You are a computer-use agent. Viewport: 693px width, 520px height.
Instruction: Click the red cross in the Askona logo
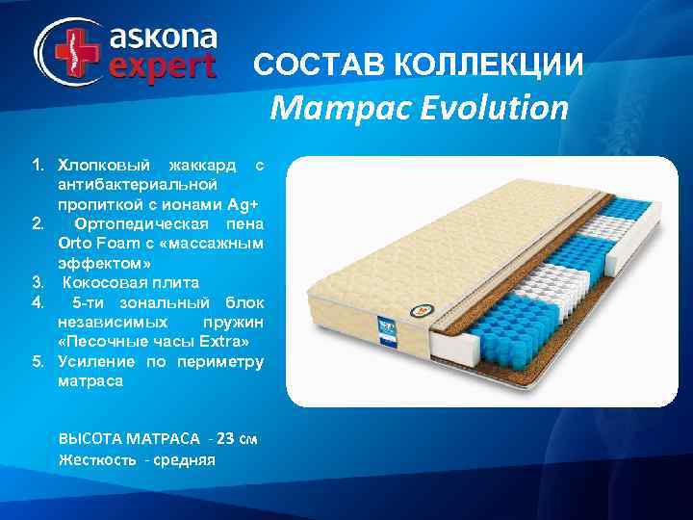pyautogui.click(x=68, y=48)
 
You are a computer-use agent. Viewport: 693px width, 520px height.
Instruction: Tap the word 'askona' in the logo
pyautogui.click(x=163, y=38)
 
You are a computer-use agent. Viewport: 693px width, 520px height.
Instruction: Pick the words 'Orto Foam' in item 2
pyautogui.click(x=95, y=244)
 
